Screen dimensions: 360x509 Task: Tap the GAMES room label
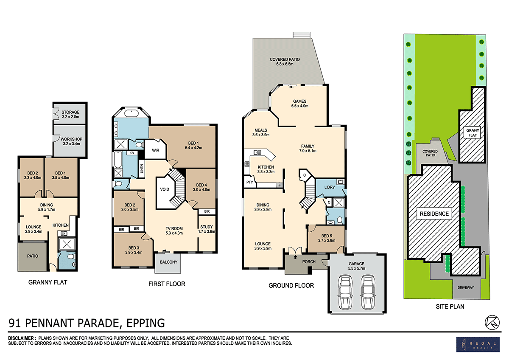point(299,101)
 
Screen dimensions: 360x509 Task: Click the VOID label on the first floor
point(165,190)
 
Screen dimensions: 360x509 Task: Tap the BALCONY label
point(168,262)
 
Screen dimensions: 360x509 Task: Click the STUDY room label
point(207,228)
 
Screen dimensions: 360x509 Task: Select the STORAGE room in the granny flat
point(70,112)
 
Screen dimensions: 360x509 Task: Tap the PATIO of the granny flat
point(33,256)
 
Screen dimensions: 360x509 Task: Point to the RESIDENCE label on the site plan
point(434,214)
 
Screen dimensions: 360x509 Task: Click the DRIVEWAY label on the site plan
point(466,287)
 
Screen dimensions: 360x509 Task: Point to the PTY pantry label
point(249,183)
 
